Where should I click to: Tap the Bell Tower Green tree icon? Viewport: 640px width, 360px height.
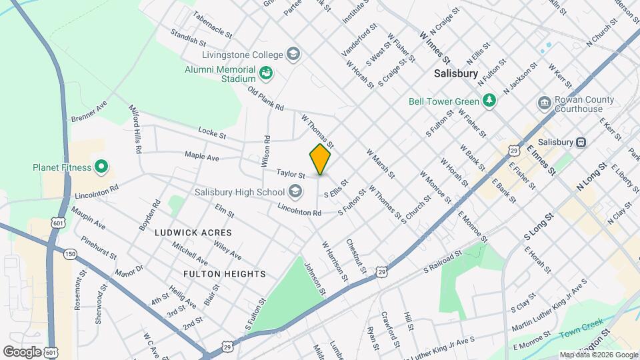pyautogui.click(x=490, y=101)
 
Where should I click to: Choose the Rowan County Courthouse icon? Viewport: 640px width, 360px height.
pyautogui.click(x=543, y=104)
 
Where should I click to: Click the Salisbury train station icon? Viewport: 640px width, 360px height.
pyautogui.click(x=581, y=142)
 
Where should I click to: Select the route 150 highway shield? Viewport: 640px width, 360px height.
pyautogui.click(x=69, y=254)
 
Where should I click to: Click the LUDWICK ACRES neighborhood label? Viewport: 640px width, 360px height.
pyautogui.click(x=193, y=233)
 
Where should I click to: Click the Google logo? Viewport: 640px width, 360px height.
pyautogui.click(x=22, y=351)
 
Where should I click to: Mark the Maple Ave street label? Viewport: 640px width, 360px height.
pyautogui.click(x=202, y=157)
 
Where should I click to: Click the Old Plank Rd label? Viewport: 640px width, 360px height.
pyautogui.click(x=265, y=99)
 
